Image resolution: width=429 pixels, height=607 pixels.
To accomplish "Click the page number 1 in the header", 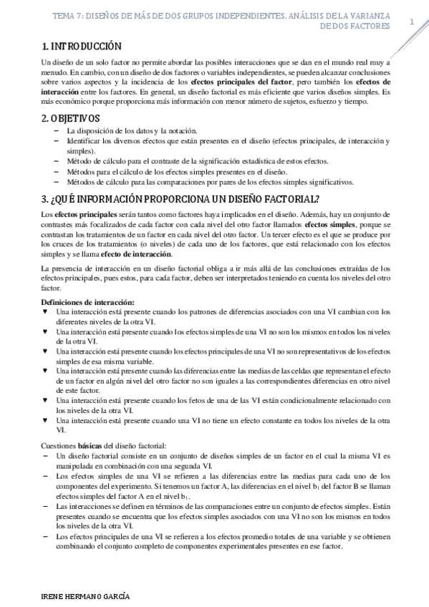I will coord(412,23).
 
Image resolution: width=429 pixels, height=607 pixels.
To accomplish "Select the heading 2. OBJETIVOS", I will coord(71,118).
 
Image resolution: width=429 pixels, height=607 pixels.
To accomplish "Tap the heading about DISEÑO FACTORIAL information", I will coord(180,198).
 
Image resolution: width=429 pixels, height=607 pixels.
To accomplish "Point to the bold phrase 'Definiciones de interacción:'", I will coord(88,303).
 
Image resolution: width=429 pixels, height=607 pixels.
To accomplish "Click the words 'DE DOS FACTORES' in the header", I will coord(356,26).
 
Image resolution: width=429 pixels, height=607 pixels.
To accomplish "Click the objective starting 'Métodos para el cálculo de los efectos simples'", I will coord(177,172).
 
